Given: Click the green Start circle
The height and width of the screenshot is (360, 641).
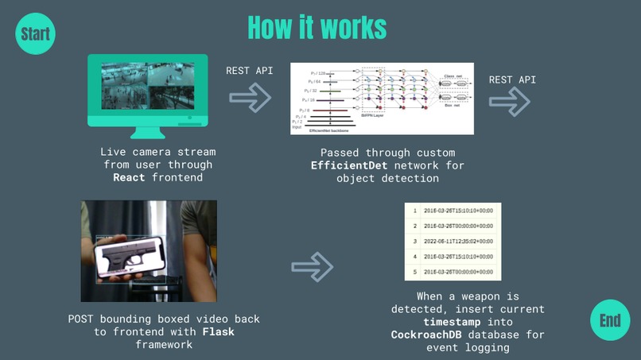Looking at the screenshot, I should coord(35,34).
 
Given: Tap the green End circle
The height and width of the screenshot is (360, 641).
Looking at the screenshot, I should coord(610,320).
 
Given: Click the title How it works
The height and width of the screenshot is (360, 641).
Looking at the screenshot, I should coord(317,28).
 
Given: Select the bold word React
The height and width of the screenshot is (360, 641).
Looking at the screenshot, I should coord(129,178).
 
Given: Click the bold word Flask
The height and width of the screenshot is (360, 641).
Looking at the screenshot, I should coord(218,332).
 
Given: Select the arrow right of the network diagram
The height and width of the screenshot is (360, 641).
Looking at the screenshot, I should coord(510,101).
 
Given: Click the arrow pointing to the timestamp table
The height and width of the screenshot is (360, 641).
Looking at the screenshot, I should coord(313,267).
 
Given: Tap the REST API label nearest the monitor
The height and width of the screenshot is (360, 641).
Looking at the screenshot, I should coord(249,71).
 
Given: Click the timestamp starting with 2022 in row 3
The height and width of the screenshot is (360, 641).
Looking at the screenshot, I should coord(460,241).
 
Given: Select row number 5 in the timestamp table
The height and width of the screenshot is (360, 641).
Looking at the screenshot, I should coord(415,273).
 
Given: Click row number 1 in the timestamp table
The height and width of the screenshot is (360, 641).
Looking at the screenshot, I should coord(415,211).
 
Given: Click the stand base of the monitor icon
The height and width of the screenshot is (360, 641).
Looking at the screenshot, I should coord(148,132).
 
